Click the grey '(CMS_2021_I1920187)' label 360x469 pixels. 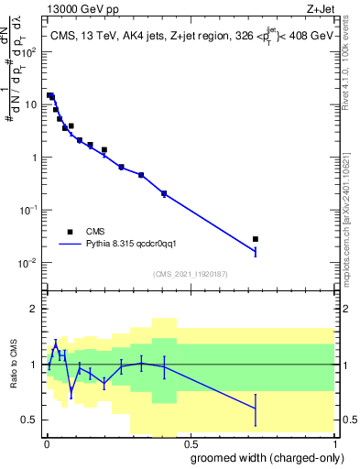[189, 273]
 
